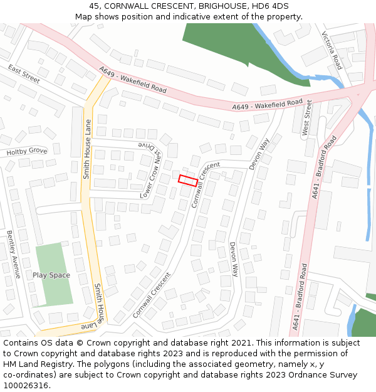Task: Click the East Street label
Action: pos(24,74)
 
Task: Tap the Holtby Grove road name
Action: pos(27,151)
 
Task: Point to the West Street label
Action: pos(307,117)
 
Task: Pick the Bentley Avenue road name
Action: pos(14,254)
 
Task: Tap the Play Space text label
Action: pos(51,275)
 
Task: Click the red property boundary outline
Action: pos(188,181)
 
